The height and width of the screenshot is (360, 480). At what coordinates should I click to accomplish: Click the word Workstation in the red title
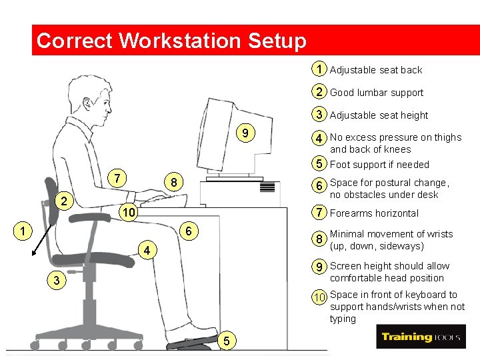pyautogui.click(x=180, y=40)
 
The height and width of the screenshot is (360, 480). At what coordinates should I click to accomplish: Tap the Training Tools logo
pyautogui.click(x=421, y=337)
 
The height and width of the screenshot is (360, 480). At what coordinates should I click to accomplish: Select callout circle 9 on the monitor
pyautogui.click(x=245, y=133)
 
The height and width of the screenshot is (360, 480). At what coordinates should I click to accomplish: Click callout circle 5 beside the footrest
pyautogui.click(x=227, y=341)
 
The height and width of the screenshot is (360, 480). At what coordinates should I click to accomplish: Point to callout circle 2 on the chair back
pyautogui.click(x=64, y=201)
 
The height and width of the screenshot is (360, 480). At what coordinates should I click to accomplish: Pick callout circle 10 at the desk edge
pyautogui.click(x=129, y=212)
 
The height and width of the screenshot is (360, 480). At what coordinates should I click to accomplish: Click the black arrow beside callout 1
pyautogui.click(x=42, y=240)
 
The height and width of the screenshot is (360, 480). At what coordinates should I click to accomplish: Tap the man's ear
pyautogui.click(x=87, y=104)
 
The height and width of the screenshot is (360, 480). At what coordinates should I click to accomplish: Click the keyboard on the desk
pyautogui.click(x=164, y=201)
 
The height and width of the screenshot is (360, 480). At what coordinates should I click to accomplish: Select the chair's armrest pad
pyautogui.click(x=90, y=217)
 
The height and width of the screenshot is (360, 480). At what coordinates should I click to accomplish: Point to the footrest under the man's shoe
pyautogui.click(x=192, y=343)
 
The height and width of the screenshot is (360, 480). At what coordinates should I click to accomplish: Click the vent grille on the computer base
pyautogui.click(x=267, y=187)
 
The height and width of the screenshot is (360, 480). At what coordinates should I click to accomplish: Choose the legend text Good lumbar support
pyautogui.click(x=377, y=93)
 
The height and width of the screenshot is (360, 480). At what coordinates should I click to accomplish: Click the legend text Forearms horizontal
pyautogui.click(x=374, y=213)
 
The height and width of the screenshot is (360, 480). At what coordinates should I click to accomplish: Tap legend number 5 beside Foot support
pyautogui.click(x=319, y=163)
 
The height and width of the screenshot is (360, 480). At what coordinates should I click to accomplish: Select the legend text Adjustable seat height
pyautogui.click(x=379, y=115)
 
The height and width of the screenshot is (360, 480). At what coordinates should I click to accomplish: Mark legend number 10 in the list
pyautogui.click(x=319, y=297)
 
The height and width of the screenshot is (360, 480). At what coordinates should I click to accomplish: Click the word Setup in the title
pyautogui.click(x=277, y=41)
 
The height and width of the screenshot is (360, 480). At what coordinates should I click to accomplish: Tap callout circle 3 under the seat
pyautogui.click(x=56, y=280)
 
